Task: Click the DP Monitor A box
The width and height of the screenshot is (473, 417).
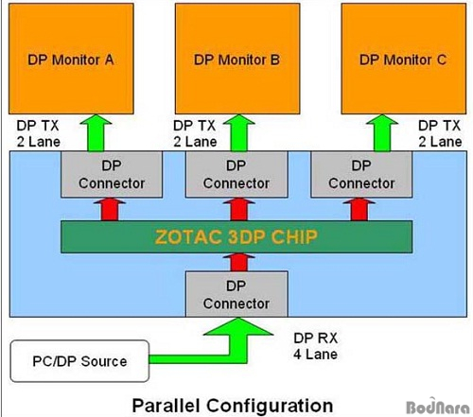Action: click(71, 59)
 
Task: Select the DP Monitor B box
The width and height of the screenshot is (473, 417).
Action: click(237, 59)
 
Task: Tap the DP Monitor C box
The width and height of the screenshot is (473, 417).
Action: click(404, 59)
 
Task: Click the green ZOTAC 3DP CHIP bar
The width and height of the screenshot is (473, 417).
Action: click(236, 237)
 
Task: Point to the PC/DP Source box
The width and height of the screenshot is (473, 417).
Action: click(79, 361)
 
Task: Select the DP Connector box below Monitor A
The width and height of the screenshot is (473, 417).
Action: click(112, 174)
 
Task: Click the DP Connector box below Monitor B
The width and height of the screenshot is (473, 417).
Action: click(236, 174)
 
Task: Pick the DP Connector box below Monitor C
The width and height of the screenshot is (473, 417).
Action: click(361, 174)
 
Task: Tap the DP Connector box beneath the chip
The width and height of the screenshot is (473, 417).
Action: click(236, 294)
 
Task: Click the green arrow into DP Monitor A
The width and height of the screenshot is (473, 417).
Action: click(96, 133)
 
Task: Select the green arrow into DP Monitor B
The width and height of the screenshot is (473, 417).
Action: click(239, 133)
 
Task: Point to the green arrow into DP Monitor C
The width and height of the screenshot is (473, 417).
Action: click(382, 133)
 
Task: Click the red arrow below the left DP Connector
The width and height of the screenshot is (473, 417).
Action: click(110, 209)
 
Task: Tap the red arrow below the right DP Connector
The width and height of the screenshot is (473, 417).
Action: click(359, 209)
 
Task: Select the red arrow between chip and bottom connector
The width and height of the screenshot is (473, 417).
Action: click(239, 262)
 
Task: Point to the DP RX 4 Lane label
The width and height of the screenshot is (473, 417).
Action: click(315, 346)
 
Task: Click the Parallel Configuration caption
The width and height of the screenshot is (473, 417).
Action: click(233, 406)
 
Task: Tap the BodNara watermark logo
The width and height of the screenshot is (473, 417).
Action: click(438, 406)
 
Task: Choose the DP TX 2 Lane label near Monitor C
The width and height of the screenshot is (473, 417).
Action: click(440, 133)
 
